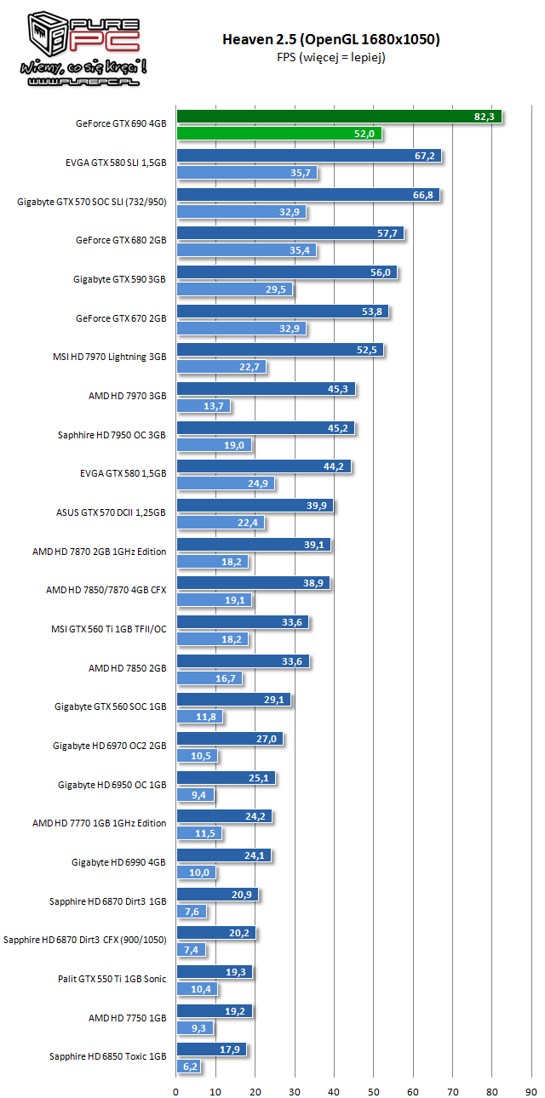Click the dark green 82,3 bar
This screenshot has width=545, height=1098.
click(339, 117)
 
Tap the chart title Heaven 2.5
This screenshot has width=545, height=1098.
click(330, 39)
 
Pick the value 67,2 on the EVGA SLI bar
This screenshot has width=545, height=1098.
click(425, 157)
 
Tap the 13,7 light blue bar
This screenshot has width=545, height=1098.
click(203, 406)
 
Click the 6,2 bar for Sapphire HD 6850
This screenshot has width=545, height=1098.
click(188, 1066)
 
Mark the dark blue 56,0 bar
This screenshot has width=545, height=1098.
click(286, 272)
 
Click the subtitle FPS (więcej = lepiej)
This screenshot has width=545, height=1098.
click(330, 58)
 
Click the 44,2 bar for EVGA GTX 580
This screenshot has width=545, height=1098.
click(263, 466)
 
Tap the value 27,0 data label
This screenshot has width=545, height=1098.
click(267, 739)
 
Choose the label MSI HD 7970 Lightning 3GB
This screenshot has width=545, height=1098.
click(114, 357)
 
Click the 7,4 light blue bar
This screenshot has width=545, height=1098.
click(191, 949)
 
